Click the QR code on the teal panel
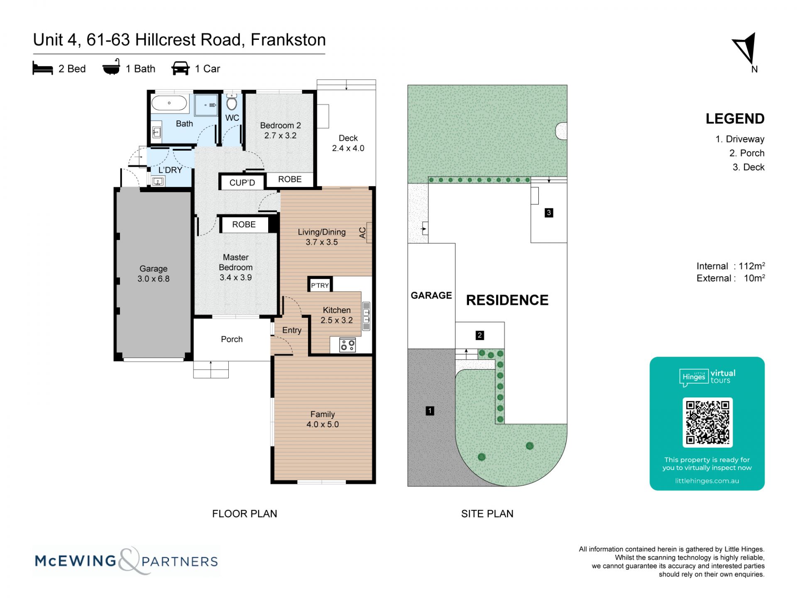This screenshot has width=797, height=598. (707, 422)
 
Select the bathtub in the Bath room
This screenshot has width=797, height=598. (169, 103)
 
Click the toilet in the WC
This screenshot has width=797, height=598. (232, 102)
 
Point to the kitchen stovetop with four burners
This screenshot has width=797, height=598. (347, 345)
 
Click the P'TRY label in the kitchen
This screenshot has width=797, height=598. (320, 285)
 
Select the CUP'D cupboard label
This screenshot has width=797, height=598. (242, 183)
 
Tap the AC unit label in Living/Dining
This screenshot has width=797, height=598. (362, 233)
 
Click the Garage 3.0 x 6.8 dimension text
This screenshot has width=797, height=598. (154, 279)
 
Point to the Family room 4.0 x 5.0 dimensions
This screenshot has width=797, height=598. (323, 424)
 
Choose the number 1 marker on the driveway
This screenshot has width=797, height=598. (430, 411)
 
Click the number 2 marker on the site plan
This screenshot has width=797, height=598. (480, 335)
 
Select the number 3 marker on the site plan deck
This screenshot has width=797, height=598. (549, 213)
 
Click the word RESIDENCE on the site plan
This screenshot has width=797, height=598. (507, 300)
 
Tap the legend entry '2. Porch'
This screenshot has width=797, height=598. (747, 153)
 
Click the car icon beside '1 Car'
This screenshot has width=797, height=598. (181, 69)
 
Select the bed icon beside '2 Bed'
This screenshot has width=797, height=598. (43, 69)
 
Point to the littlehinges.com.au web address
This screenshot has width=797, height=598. (707, 481)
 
